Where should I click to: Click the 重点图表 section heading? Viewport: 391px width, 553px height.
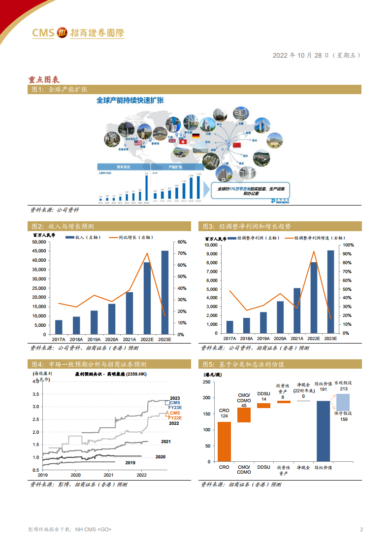[44, 79]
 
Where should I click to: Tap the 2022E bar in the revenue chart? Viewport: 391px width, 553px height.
[147, 298]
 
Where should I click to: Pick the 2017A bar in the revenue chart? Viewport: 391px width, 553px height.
[59, 327]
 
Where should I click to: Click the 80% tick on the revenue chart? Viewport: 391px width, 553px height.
[181, 242]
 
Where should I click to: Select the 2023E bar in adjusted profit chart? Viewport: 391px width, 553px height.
[330, 292]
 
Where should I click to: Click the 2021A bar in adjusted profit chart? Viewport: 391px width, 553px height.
[297, 311]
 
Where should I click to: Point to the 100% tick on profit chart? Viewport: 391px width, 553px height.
[348, 245]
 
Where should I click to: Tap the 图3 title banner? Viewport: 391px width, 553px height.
[281, 226]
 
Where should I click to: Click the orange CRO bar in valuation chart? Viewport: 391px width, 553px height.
[224, 442]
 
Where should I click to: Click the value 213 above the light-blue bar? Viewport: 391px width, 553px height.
[343, 389]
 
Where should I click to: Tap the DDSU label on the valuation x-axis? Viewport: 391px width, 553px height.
[263, 467]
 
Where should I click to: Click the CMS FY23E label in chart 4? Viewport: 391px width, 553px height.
[175, 406]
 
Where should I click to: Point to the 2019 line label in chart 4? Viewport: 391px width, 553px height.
[130, 463]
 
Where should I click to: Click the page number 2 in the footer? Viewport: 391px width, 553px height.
[361, 530]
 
